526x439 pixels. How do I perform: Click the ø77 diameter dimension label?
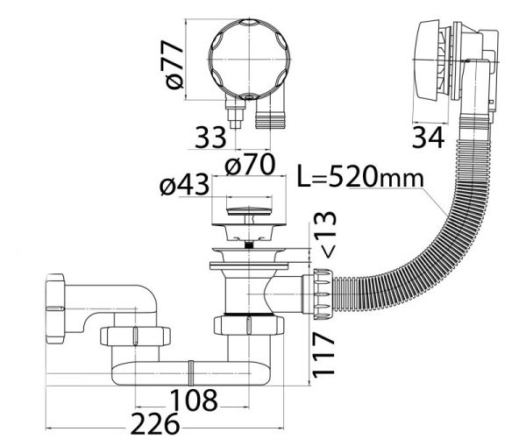click(174, 65)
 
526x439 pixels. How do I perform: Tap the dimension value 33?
click(210, 138)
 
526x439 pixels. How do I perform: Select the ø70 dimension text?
click(250, 164)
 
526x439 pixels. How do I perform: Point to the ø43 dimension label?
click(184, 185)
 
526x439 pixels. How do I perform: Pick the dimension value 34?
click(428, 138)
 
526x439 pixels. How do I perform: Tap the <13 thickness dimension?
click(324, 235)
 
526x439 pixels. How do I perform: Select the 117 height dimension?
click(323, 354)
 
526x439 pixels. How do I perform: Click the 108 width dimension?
click(194, 400)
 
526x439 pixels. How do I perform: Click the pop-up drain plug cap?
click(249, 211)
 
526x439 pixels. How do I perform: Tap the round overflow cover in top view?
click(249, 60)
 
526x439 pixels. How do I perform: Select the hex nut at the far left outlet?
click(55, 308)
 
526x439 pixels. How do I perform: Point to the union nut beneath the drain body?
click(249, 325)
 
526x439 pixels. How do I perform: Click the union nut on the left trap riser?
click(135, 336)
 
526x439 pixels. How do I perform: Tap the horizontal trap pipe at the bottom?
click(190, 373)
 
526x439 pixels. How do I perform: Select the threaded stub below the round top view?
click(271, 117)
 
